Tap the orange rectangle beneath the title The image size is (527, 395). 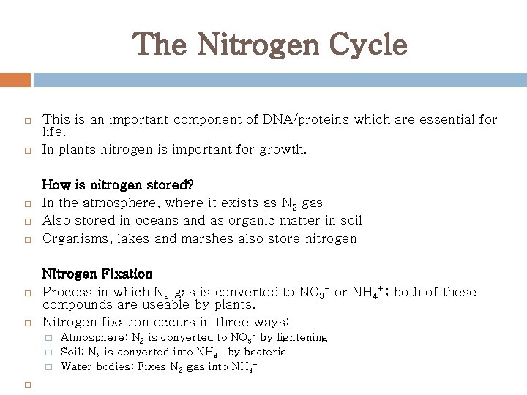(x=15, y=80)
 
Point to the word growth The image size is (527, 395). (x=284, y=150)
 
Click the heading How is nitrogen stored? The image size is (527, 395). (x=118, y=184)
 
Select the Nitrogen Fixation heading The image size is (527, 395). (x=97, y=274)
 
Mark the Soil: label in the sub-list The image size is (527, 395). (x=73, y=352)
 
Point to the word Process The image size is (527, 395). (x=67, y=292)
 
